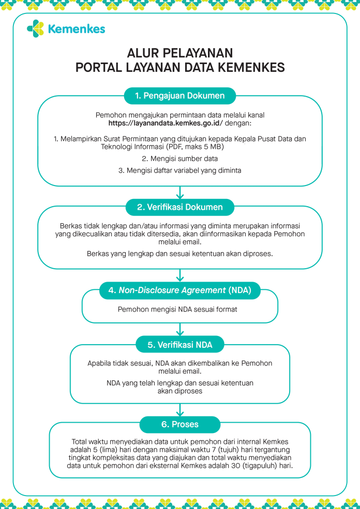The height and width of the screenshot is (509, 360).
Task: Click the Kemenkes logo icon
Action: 35,28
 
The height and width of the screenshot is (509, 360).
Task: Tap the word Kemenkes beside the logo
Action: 76,29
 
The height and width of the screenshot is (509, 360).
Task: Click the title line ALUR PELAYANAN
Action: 180,54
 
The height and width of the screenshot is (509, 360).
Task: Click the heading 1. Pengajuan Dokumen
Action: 180,96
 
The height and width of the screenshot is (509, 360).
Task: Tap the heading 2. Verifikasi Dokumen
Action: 180,207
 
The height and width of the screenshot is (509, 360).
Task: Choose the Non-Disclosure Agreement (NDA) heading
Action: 180,290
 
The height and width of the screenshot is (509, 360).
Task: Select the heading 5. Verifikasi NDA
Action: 180,344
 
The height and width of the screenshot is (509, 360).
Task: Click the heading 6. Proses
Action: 180,424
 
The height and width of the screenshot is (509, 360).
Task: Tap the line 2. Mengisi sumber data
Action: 180,159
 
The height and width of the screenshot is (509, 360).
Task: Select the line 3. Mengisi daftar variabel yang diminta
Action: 180,170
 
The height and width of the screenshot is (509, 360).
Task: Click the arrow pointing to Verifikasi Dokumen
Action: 180,193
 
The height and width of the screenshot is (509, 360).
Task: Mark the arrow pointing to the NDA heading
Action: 180,276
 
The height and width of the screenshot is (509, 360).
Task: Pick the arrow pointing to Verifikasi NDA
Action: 180,330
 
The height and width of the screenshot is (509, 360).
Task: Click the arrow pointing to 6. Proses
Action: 180,410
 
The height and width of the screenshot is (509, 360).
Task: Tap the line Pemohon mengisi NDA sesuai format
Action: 180,309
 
